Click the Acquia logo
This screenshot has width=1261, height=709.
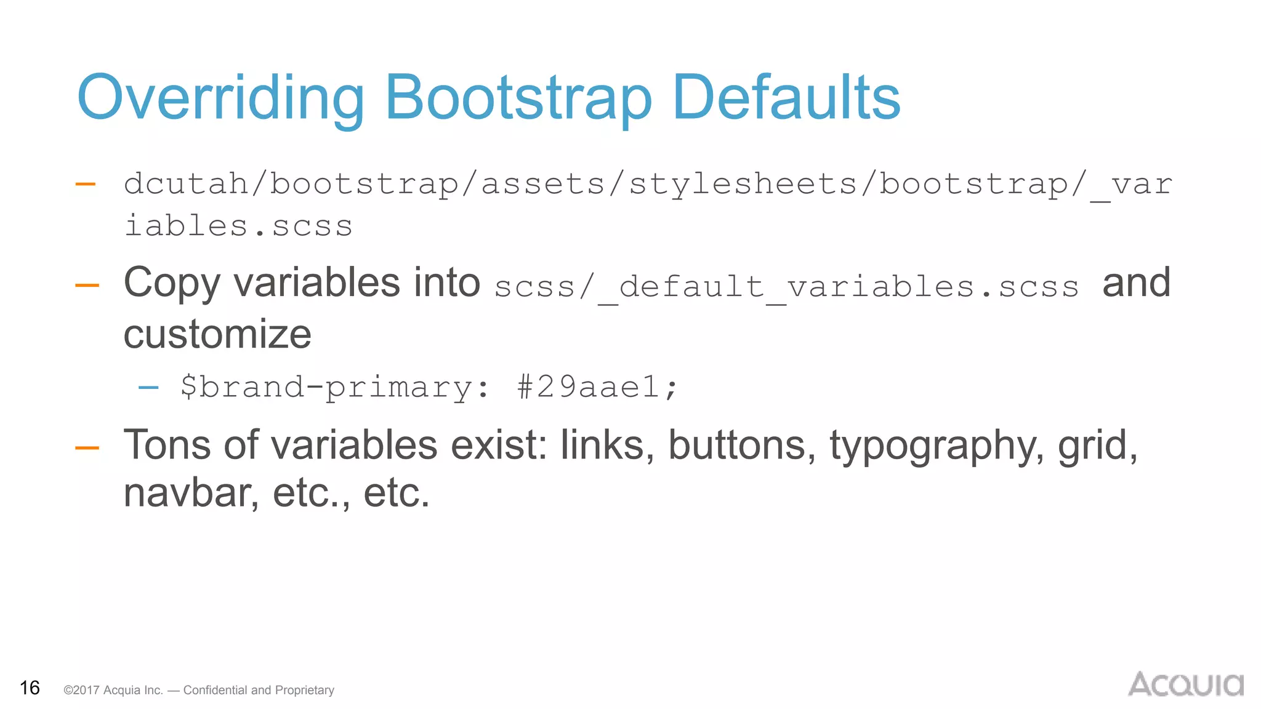(x=1185, y=684)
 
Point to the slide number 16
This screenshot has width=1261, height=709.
(x=30, y=687)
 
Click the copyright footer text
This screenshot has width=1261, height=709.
(x=199, y=690)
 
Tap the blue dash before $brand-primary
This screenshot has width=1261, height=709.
(x=148, y=387)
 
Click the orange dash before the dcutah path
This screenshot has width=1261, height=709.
(x=85, y=184)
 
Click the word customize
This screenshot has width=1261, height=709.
(x=217, y=335)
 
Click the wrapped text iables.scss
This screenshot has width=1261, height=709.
(x=238, y=226)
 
